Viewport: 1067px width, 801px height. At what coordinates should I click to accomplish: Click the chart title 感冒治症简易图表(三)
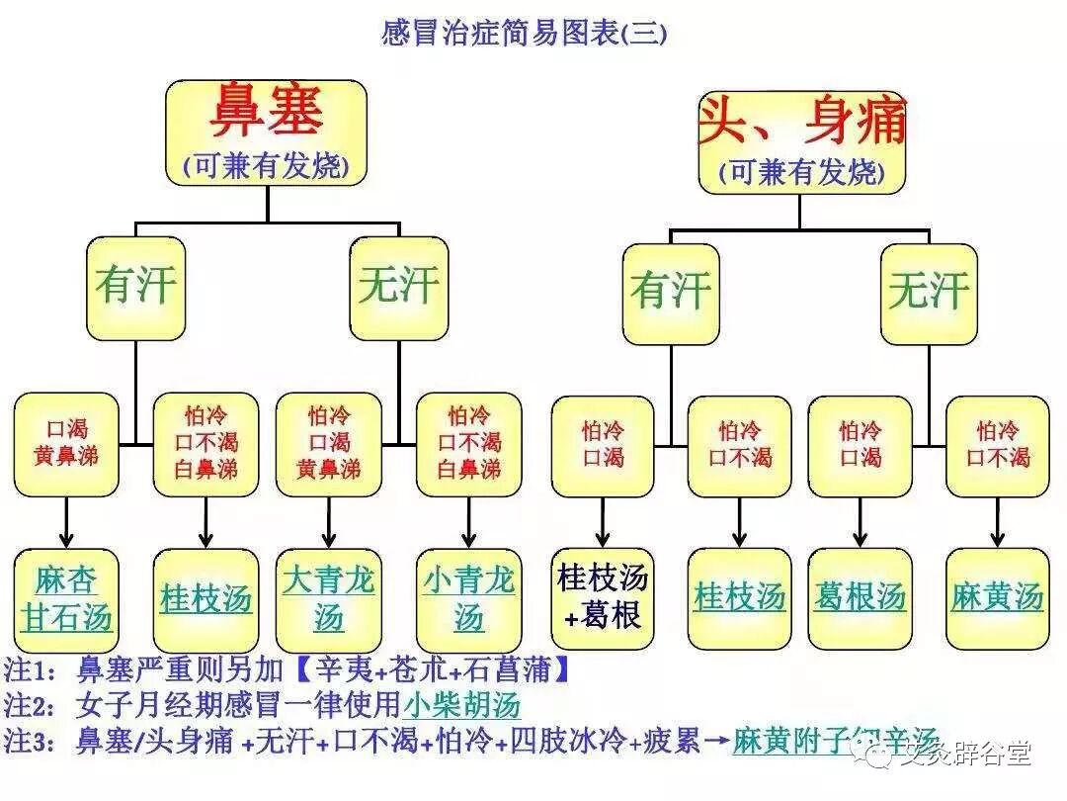524,34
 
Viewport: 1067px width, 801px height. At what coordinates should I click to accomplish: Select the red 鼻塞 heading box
266,132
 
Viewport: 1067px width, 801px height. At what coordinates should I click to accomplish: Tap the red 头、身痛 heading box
801,141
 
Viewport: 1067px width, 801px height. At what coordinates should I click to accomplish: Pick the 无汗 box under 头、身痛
928,294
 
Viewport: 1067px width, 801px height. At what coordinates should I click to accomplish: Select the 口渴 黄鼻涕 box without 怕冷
66,444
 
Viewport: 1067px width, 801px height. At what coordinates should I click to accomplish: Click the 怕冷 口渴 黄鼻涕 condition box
329,444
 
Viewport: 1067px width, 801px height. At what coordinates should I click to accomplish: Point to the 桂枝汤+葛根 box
602,597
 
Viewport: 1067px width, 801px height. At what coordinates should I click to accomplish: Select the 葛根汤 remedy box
860,597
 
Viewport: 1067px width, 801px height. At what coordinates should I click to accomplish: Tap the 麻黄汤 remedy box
997,597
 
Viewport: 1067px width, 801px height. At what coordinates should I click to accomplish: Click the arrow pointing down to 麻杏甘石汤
66,522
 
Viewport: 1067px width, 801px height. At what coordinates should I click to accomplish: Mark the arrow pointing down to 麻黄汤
997,522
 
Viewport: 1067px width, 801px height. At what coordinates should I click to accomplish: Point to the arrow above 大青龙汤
328,522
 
